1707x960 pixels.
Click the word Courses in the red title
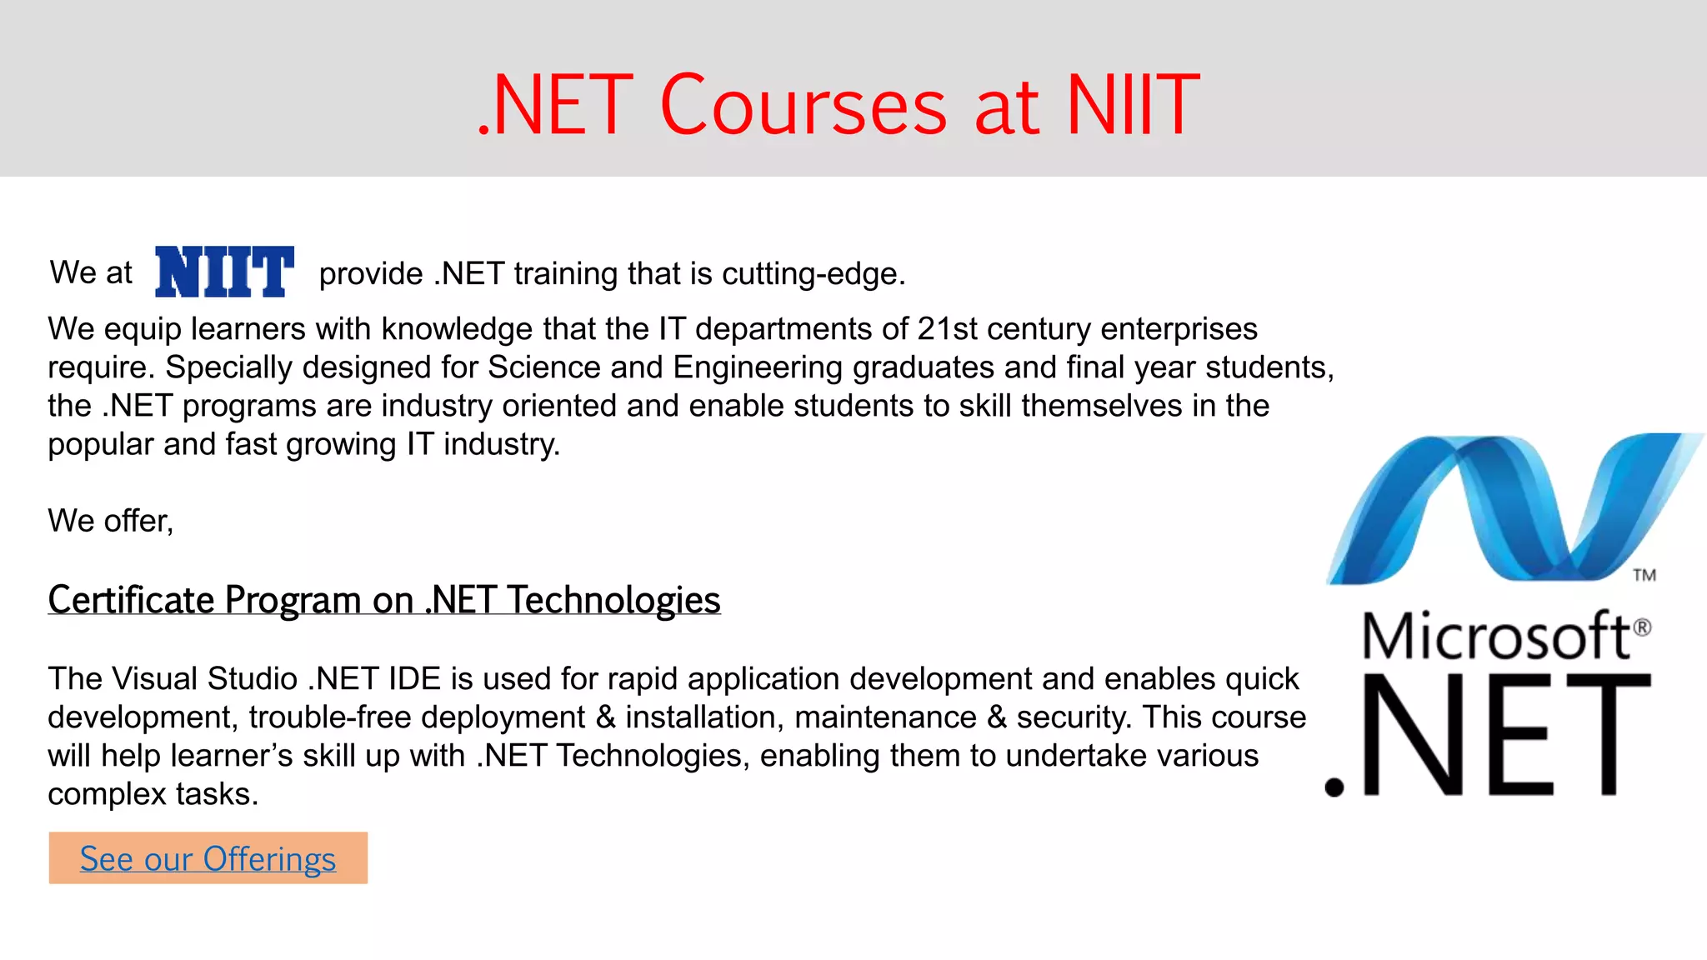(803, 106)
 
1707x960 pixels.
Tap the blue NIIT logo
(224, 272)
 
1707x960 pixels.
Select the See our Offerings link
(208, 858)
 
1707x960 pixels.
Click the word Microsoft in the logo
(1495, 637)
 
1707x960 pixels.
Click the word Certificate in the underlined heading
(132, 600)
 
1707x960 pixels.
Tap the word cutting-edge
(813, 274)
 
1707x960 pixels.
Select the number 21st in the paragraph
(948, 329)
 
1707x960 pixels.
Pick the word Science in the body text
(544, 367)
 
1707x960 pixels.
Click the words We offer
(110, 521)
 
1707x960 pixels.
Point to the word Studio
(253, 679)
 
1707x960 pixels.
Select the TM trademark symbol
(1644, 575)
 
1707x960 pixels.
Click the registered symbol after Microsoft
(1641, 627)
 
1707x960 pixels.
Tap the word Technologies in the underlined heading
(614, 600)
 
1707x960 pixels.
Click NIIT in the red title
(1132, 106)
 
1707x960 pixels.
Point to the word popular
(101, 444)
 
